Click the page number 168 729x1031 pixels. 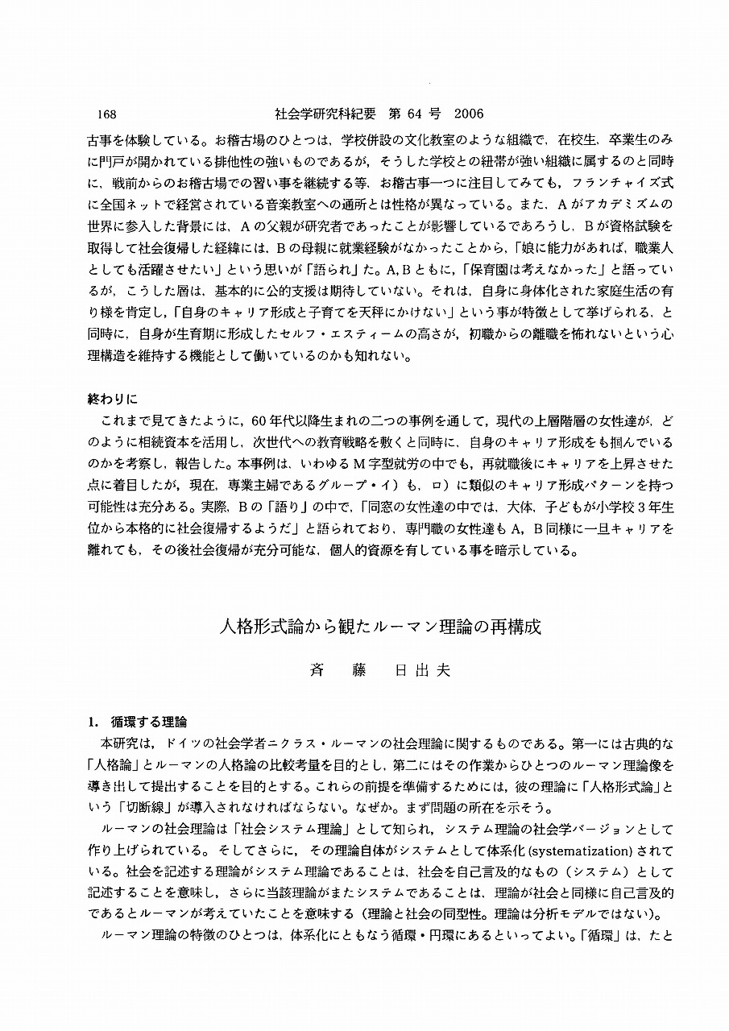coord(106,114)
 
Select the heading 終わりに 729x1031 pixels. coord(113,399)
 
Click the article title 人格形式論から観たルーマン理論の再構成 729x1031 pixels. coord(381,627)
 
